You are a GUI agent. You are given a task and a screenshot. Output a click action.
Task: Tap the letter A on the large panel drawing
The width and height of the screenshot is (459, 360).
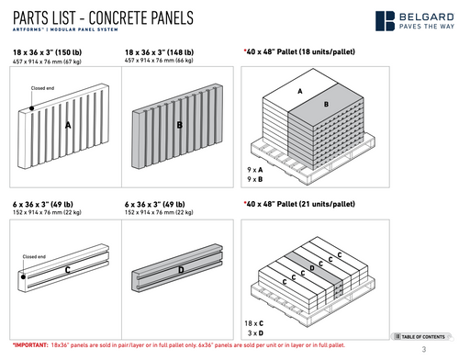pyautogui.click(x=67, y=135)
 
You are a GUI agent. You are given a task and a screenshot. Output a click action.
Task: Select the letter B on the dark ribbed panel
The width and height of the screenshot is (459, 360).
pyautogui.click(x=179, y=124)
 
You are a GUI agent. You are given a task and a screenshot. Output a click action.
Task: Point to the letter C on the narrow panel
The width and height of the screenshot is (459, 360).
pyautogui.click(x=67, y=271)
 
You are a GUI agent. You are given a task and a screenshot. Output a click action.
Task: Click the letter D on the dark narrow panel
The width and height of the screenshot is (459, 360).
pyautogui.click(x=180, y=269)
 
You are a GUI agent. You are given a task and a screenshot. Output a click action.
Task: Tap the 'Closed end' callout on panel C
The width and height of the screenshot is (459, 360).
pyautogui.click(x=34, y=256)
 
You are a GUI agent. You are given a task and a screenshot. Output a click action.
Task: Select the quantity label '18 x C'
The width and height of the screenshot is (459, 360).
pyautogui.click(x=254, y=323)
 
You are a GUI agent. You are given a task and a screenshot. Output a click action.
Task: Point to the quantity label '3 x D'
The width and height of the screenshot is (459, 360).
pyautogui.click(x=254, y=332)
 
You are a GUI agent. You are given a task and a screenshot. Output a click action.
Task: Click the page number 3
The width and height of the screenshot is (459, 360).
pyautogui.click(x=424, y=350)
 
